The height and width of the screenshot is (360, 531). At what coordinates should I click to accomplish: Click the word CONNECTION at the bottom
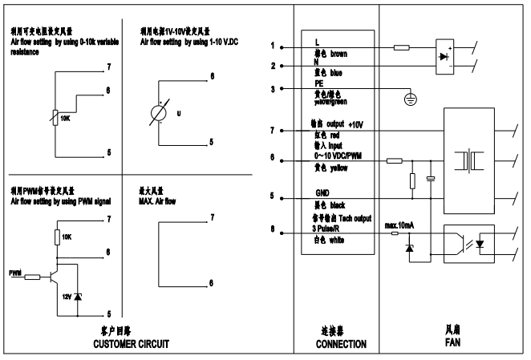pyautogui.click(x=337, y=344)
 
